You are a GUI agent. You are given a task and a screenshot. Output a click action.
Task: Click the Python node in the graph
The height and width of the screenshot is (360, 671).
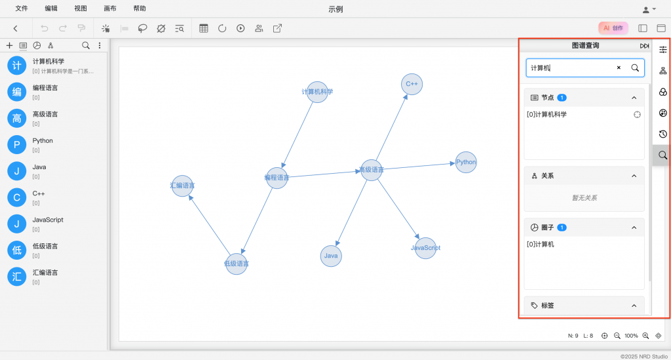point(466,162)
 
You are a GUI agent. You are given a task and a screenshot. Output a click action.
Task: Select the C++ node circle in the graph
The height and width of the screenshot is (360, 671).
point(412,84)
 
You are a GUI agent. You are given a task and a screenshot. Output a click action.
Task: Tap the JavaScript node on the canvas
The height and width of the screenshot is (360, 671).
point(425,248)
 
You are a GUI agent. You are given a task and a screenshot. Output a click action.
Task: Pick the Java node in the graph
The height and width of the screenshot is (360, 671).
point(331,256)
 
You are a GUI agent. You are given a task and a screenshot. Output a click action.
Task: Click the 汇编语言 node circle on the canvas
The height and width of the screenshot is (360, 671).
point(182,186)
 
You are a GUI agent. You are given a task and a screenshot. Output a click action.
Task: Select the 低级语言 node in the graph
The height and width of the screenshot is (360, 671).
point(236,264)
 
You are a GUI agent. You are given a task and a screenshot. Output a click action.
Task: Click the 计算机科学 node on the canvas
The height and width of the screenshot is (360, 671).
point(317,92)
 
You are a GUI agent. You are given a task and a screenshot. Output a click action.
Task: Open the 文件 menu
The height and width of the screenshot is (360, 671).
point(22,8)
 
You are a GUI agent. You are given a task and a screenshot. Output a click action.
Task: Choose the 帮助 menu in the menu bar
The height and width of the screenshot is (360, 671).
point(140,8)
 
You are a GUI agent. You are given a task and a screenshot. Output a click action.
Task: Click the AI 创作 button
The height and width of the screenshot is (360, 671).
point(613,28)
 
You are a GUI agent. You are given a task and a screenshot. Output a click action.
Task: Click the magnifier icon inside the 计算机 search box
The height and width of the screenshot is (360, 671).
point(635,68)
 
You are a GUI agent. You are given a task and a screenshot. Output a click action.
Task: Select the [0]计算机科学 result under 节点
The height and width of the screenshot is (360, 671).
point(546,114)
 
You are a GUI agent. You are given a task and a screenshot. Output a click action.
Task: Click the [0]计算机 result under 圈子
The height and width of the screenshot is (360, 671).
point(540,244)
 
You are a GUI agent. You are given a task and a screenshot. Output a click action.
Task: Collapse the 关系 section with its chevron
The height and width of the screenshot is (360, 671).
point(634,176)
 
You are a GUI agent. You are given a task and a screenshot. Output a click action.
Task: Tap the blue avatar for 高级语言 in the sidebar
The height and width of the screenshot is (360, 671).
point(16,118)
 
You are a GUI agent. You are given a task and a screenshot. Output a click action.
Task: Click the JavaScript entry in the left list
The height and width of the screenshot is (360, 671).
point(48,220)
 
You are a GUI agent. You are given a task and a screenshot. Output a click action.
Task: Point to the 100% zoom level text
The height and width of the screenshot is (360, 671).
point(631,336)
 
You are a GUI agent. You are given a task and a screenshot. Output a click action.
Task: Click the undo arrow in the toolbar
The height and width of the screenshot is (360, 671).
point(44,28)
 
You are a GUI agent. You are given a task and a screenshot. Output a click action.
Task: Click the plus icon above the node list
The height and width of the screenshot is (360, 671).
point(9,45)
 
